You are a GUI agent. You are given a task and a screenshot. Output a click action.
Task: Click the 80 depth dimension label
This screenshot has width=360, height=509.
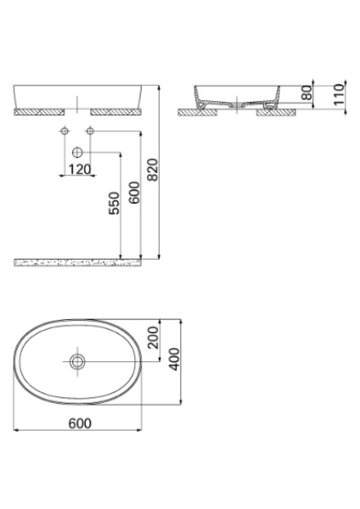307,91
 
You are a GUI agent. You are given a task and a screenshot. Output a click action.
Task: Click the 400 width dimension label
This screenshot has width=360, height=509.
174,362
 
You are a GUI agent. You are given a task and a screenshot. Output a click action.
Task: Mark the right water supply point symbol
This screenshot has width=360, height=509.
90,131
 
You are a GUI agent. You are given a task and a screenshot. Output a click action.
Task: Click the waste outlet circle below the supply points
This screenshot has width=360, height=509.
78,153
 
